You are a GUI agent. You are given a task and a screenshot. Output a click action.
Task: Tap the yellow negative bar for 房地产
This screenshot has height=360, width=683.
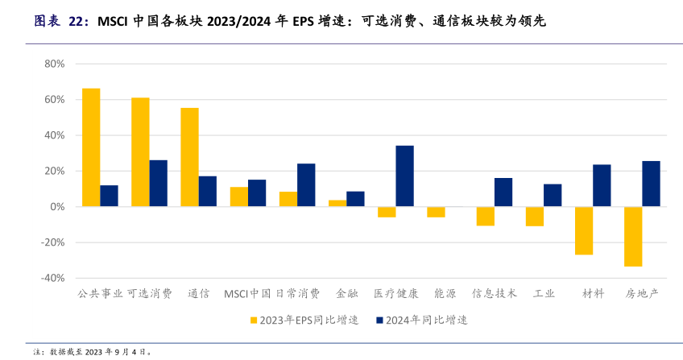pyautogui.click(x=633, y=236)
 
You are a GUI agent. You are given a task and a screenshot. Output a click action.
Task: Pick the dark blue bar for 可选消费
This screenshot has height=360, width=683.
pyautogui.click(x=159, y=184)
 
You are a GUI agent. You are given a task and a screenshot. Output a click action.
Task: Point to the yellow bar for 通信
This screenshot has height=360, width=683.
pyautogui.click(x=189, y=157)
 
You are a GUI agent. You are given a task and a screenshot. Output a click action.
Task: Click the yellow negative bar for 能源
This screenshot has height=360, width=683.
pyautogui.click(x=436, y=212)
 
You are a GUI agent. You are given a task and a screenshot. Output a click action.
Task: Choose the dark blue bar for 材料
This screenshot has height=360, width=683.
pyautogui.click(x=602, y=185)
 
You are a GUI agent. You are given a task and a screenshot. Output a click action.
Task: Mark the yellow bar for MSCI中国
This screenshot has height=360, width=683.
pyautogui.click(x=238, y=197)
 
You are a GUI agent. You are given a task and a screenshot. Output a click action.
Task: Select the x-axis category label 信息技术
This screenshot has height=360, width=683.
pyautogui.click(x=494, y=294)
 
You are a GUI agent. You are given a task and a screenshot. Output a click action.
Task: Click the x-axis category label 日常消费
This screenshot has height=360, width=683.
pyautogui.click(x=298, y=294)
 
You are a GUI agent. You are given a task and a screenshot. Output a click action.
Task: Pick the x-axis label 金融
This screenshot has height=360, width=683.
pyautogui.click(x=347, y=294)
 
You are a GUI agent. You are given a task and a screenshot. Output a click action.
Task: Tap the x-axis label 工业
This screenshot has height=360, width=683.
pyautogui.click(x=544, y=294)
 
